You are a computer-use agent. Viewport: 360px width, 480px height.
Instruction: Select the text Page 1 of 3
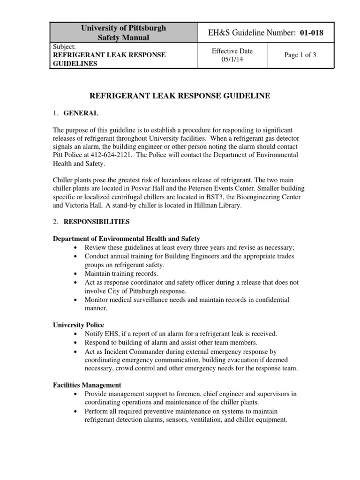coord(300,55)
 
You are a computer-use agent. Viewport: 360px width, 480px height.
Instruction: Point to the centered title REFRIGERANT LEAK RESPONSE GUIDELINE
coord(180,96)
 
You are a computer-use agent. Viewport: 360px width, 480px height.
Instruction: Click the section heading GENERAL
coord(81,113)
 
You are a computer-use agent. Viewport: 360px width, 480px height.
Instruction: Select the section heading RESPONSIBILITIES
coord(97,221)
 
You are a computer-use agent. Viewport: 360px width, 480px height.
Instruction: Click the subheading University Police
coord(78,325)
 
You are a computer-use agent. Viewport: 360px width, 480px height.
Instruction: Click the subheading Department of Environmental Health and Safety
coord(126,239)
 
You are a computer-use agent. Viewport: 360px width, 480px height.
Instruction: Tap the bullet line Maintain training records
coord(121,273)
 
